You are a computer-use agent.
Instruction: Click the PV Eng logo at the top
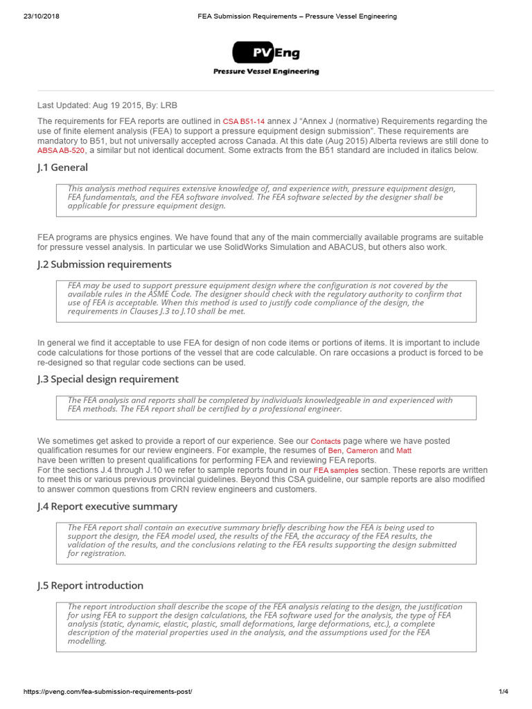coord(266,53)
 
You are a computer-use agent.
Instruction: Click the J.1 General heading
coord(62,168)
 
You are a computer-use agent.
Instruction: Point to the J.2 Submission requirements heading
coord(104,264)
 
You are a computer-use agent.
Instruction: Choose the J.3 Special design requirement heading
coord(107,379)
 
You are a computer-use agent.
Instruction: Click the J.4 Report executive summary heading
coord(107,507)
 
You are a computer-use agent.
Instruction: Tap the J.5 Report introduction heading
coord(90,586)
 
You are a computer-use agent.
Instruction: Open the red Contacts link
coord(326,441)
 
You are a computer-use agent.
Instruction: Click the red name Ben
coord(335,451)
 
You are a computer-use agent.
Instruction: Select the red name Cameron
coord(362,451)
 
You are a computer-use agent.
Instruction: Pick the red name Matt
coord(403,451)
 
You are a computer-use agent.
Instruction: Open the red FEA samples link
coord(336,470)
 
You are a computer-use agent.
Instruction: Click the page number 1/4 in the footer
coord(503,692)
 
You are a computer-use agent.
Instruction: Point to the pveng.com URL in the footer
coord(108,692)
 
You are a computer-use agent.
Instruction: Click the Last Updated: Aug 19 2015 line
coord(107,105)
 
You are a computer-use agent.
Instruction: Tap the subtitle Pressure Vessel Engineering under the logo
coord(266,71)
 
